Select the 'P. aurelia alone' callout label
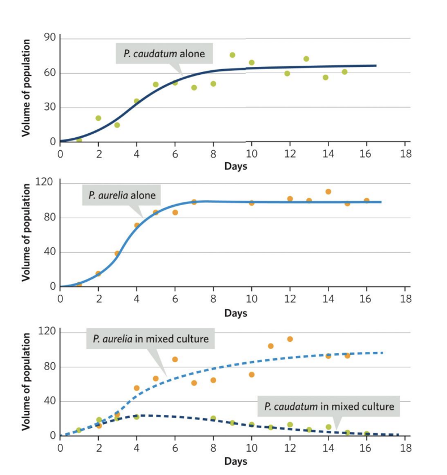click(x=122, y=196)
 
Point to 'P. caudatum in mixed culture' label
click(x=328, y=406)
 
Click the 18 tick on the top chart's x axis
click(x=405, y=154)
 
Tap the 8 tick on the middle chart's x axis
click(x=213, y=298)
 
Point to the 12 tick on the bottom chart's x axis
click(x=290, y=447)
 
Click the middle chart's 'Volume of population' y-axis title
click(x=26, y=234)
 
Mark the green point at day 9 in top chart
click(x=232, y=55)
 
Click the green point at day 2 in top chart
click(x=98, y=118)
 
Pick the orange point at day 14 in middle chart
click(x=328, y=192)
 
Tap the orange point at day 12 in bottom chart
click(x=290, y=339)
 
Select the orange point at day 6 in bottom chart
click(x=175, y=359)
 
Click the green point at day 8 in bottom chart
click(x=213, y=418)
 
